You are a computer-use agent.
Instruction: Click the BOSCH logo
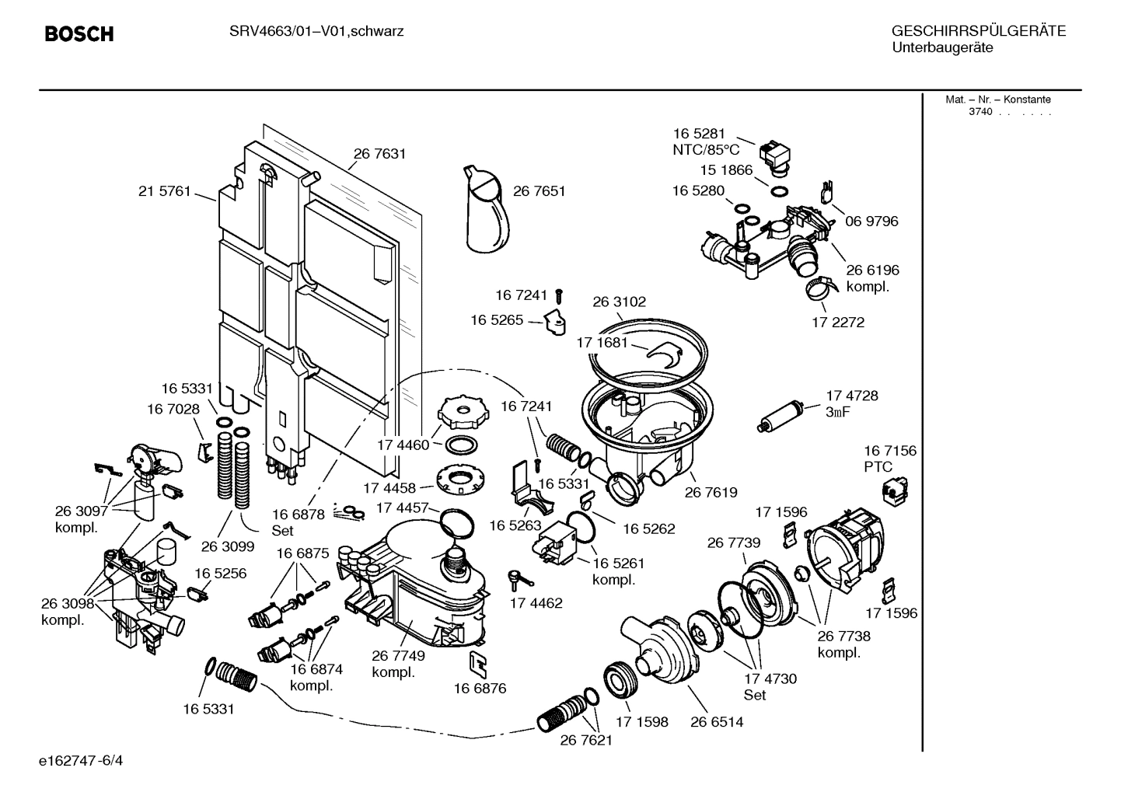tap(79, 34)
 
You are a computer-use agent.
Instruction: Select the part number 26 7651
tap(539, 191)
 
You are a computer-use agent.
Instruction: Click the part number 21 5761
tap(164, 191)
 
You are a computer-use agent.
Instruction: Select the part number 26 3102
tap(619, 302)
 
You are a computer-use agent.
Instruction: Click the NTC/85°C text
tap(705, 150)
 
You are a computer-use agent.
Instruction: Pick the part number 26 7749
tap(398, 655)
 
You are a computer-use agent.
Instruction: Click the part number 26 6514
tap(717, 722)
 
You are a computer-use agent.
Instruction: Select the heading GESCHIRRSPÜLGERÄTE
tap(978, 31)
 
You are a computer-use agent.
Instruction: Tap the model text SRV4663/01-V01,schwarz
tap(316, 31)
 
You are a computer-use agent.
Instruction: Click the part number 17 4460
tap(403, 445)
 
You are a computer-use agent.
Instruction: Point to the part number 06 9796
tap(871, 222)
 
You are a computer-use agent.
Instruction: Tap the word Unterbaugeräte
tap(942, 47)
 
